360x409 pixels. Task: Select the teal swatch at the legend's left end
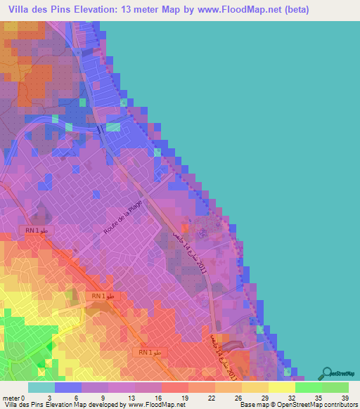[x=41, y=387]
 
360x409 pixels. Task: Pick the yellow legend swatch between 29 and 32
[x=282, y=387]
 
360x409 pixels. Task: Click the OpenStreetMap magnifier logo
[x=328, y=372]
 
